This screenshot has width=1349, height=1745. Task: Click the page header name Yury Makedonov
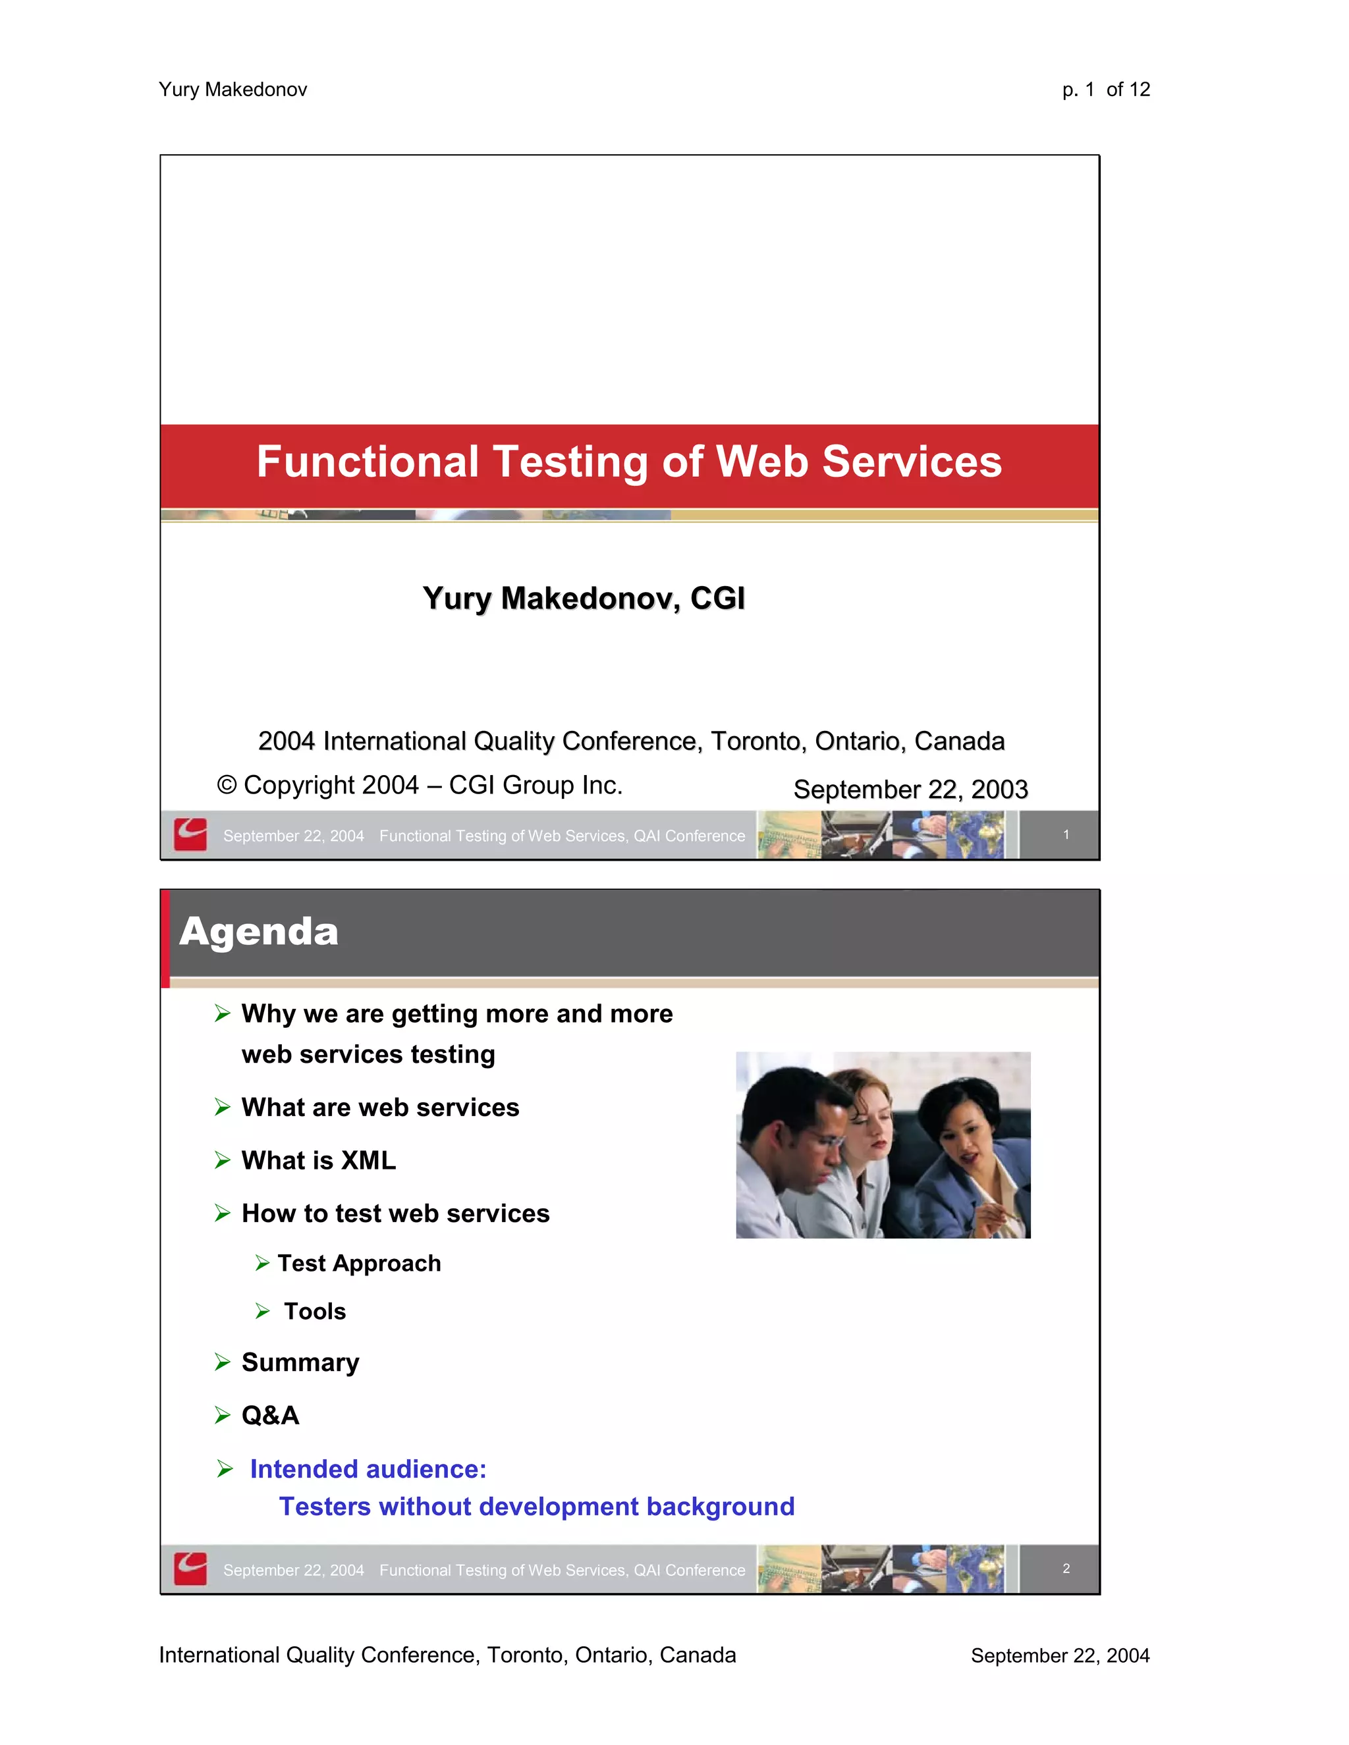coord(233,90)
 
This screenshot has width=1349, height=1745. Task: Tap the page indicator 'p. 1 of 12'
coord(1105,90)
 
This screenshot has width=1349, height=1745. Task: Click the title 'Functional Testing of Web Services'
coord(629,462)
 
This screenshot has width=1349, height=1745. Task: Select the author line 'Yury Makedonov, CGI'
coord(584,599)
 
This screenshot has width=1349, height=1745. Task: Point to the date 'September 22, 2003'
coord(910,790)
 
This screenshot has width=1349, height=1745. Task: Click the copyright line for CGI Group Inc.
coord(420,786)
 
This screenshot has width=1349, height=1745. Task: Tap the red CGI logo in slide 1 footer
coord(190,835)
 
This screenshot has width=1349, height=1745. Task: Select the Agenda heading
coord(259,932)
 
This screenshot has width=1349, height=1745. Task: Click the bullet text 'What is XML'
coord(318,1160)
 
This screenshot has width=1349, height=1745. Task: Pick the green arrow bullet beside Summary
coord(222,1362)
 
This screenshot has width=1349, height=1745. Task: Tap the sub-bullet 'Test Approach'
coord(359,1263)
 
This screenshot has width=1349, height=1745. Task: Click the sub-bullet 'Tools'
coord(315,1311)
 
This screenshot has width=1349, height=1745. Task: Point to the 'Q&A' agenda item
coord(270,1415)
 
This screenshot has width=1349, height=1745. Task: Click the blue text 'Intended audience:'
coord(368,1468)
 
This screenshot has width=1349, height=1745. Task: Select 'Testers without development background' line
coord(536,1506)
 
